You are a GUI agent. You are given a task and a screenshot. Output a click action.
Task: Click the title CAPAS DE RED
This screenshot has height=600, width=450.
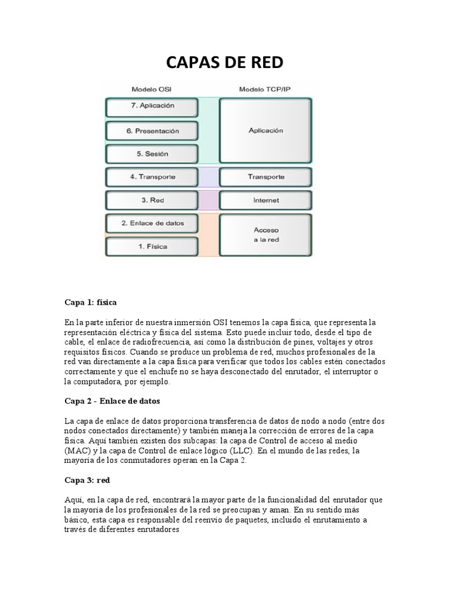(224, 63)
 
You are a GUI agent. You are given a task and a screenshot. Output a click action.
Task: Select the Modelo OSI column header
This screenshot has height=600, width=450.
(152, 89)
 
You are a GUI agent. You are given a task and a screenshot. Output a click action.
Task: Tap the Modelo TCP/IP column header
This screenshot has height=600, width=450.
(265, 89)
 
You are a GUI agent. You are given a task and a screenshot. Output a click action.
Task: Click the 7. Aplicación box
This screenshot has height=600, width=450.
(152, 106)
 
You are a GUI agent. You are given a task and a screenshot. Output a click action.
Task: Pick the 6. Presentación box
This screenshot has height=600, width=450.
(152, 131)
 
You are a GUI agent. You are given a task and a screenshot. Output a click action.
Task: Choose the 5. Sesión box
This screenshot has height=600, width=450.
(152, 154)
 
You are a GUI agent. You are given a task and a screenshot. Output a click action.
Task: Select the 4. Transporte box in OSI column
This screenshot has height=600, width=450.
(152, 176)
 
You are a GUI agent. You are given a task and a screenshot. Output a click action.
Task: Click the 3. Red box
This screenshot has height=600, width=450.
(152, 200)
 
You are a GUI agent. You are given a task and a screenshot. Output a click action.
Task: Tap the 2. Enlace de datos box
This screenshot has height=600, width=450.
(152, 223)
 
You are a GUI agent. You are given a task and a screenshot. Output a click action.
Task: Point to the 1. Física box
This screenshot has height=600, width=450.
(152, 247)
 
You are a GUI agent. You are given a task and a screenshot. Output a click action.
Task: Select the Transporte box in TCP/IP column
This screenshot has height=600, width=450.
(265, 176)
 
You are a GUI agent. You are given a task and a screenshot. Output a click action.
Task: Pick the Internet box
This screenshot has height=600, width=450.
(265, 200)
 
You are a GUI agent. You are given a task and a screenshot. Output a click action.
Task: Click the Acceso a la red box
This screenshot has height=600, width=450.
(265, 235)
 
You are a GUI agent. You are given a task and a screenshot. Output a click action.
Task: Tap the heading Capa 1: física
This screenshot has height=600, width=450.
(91, 302)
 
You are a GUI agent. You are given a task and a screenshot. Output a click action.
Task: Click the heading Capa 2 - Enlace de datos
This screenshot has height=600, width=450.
(112, 401)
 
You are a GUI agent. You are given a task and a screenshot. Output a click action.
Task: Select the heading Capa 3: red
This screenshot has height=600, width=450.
(87, 480)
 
